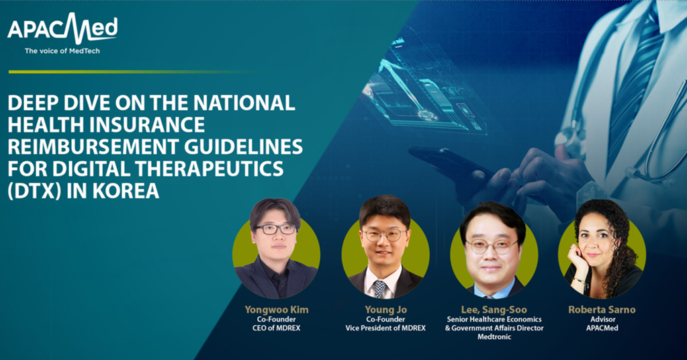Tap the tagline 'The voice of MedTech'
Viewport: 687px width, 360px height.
point(62,51)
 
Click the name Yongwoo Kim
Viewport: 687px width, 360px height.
point(277,310)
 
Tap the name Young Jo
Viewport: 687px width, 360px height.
point(385,310)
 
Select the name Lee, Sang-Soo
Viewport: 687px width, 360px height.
point(494,310)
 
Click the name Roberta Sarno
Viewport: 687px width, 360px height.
point(602,310)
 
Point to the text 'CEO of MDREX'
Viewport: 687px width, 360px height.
point(277,328)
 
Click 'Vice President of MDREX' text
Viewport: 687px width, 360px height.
point(385,328)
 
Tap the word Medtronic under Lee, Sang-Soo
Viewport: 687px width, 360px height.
point(494,336)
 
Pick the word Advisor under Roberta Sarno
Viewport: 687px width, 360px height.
point(602,319)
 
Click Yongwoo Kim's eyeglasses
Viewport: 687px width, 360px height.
point(275,229)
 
